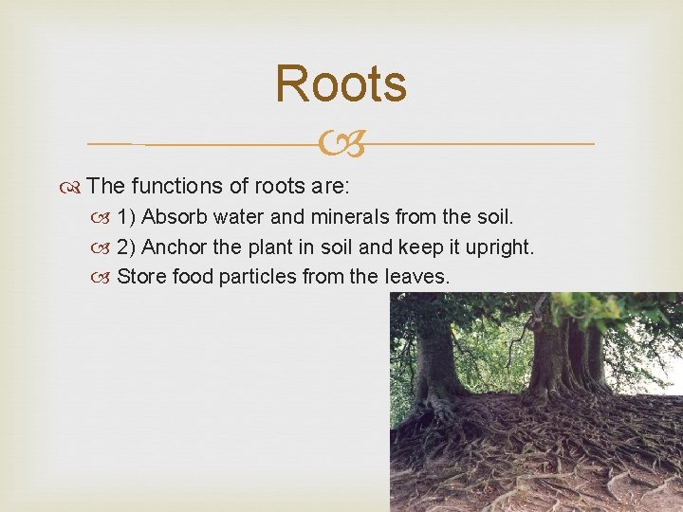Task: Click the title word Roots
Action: tap(341, 83)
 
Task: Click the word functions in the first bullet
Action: tap(179, 187)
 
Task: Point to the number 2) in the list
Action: tap(127, 247)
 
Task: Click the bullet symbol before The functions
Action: tap(75, 188)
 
